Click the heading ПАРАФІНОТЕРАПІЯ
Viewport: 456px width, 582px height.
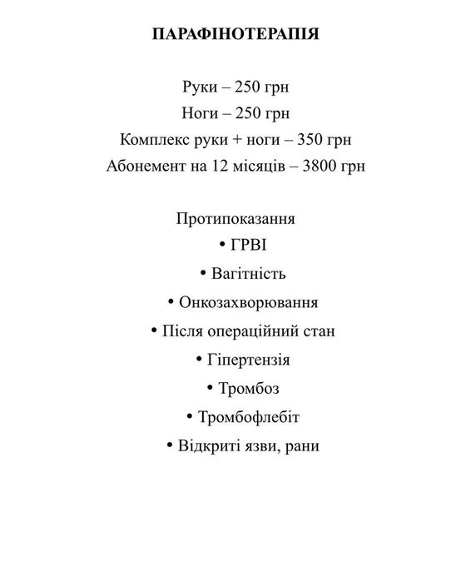[236, 35]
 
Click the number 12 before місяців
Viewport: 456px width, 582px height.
[221, 165]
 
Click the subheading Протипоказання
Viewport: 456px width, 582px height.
[235, 219]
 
